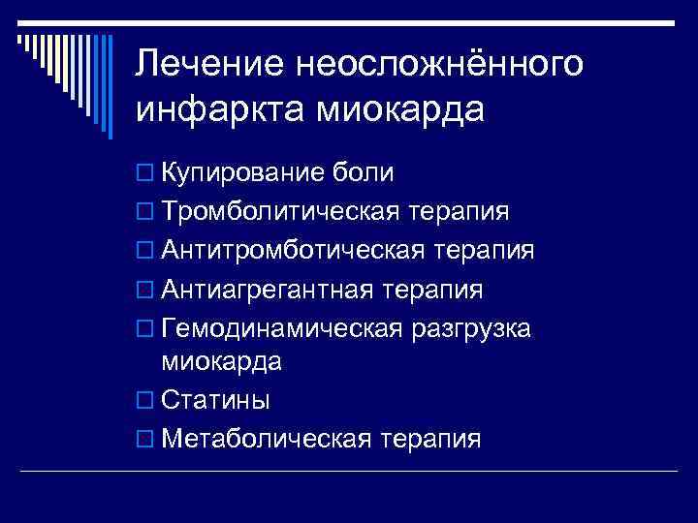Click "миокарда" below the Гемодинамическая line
[x=222, y=363]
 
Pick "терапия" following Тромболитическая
[x=460, y=212]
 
